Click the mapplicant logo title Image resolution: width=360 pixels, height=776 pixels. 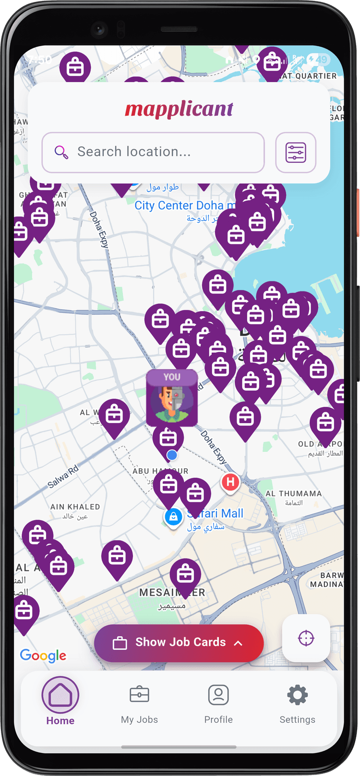[x=179, y=109]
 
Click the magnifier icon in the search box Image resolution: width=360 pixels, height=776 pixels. [x=61, y=152]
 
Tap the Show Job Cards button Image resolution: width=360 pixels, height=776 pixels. [x=179, y=643]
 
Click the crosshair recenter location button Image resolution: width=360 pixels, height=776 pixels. [x=306, y=638]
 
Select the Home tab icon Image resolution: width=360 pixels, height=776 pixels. [x=60, y=695]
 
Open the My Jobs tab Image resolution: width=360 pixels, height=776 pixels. [x=139, y=704]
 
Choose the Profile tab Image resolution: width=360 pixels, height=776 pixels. [x=218, y=704]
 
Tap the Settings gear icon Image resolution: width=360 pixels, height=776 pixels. [x=297, y=695]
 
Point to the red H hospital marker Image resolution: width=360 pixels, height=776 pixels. [x=230, y=482]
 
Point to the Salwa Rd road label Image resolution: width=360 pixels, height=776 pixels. [x=63, y=477]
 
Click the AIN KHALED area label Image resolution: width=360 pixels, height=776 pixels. [x=75, y=507]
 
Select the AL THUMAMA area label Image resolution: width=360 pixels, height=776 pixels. [x=293, y=494]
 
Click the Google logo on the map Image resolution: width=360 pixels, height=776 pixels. [x=43, y=655]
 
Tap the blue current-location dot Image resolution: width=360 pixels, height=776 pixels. [x=172, y=455]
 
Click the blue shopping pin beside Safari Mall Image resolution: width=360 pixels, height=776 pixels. [x=173, y=517]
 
